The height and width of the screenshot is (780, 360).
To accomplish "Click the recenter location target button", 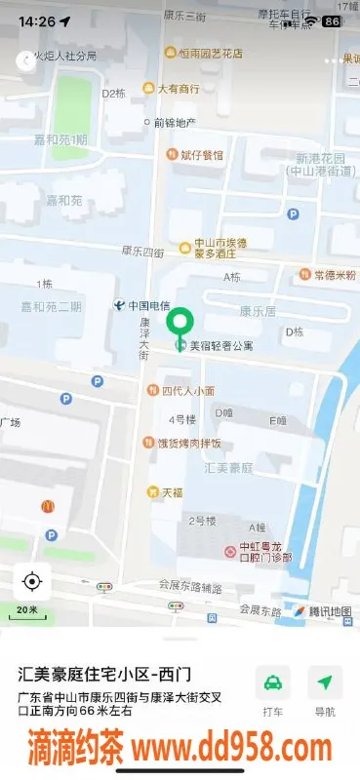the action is click(31, 582).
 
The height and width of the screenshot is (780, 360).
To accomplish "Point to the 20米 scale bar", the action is click(31, 611).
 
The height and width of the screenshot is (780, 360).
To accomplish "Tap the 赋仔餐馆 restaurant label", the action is click(201, 154).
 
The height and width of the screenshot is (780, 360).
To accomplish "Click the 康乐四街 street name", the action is click(142, 252).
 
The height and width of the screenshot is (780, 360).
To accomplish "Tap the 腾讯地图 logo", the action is click(321, 611).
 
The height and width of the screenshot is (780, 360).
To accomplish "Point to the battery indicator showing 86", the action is click(332, 20).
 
